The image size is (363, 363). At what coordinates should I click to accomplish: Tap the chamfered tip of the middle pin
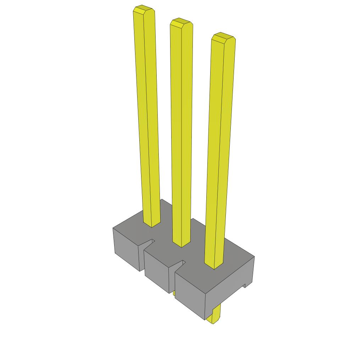(181, 23)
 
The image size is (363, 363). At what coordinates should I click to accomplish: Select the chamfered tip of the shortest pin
(223, 37)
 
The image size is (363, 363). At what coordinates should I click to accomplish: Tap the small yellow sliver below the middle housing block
(174, 294)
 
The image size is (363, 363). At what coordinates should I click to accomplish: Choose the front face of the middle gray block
(156, 269)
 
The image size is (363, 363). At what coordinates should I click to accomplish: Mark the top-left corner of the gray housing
(113, 228)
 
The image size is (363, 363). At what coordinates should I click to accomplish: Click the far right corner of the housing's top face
(254, 257)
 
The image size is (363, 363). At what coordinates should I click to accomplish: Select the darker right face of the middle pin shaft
(187, 135)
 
